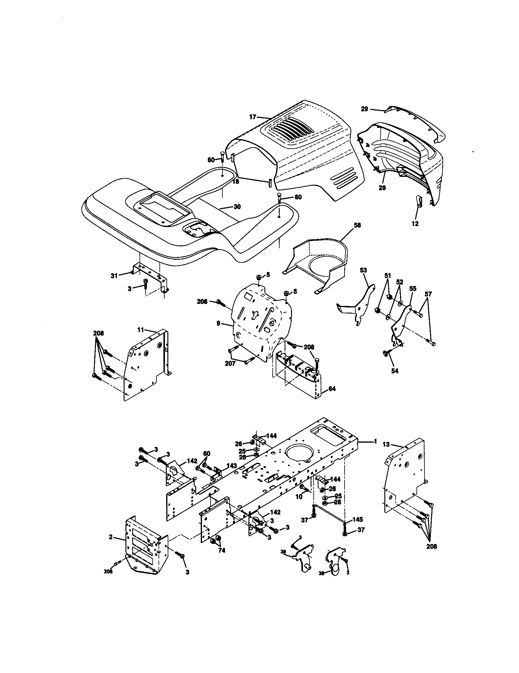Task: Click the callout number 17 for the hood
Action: point(253,117)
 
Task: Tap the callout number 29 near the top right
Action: point(364,109)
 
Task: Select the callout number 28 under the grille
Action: point(382,187)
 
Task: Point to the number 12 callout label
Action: point(415,224)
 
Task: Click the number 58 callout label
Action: point(357,225)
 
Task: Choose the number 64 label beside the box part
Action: point(332,389)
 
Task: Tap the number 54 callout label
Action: point(395,371)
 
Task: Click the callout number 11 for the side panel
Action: point(140,330)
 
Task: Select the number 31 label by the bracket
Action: point(114,276)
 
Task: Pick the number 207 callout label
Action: point(230,364)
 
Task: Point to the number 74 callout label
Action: point(221,550)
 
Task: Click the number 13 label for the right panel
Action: point(386,444)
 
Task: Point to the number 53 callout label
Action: point(364,270)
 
